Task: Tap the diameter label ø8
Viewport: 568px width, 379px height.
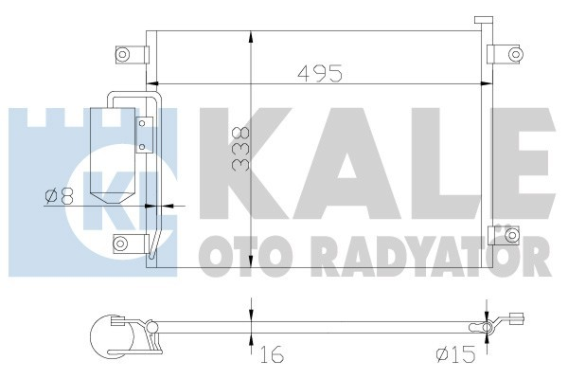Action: (58, 196)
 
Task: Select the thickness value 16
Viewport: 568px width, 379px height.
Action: (271, 357)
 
